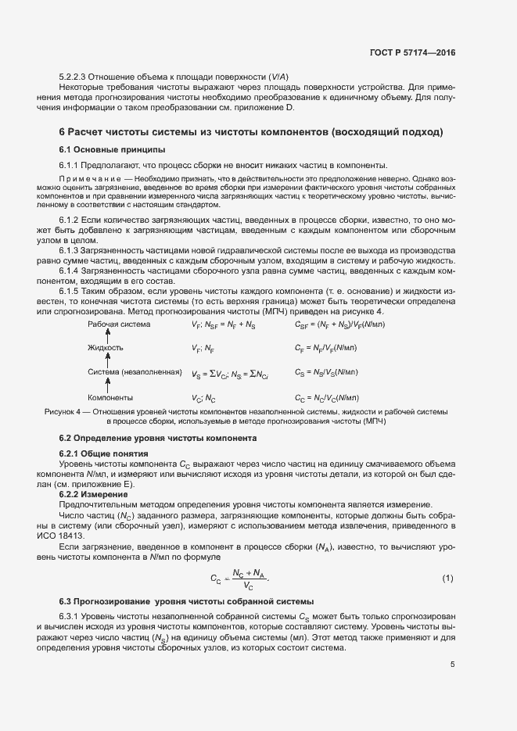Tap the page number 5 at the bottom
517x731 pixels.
[x=452, y=665]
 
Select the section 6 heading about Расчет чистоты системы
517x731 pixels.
[x=250, y=131]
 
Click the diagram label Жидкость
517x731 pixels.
[x=106, y=324]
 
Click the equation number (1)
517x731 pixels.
[x=447, y=578]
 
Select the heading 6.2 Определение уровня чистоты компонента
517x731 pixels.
[x=156, y=438]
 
